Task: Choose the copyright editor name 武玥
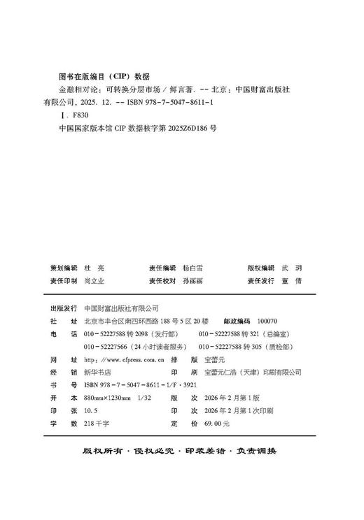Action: click(x=291, y=268)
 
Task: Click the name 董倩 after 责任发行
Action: click(x=291, y=280)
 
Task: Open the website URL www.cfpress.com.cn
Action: click(x=123, y=359)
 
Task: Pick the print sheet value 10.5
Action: click(x=90, y=410)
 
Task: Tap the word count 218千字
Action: click(x=94, y=424)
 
